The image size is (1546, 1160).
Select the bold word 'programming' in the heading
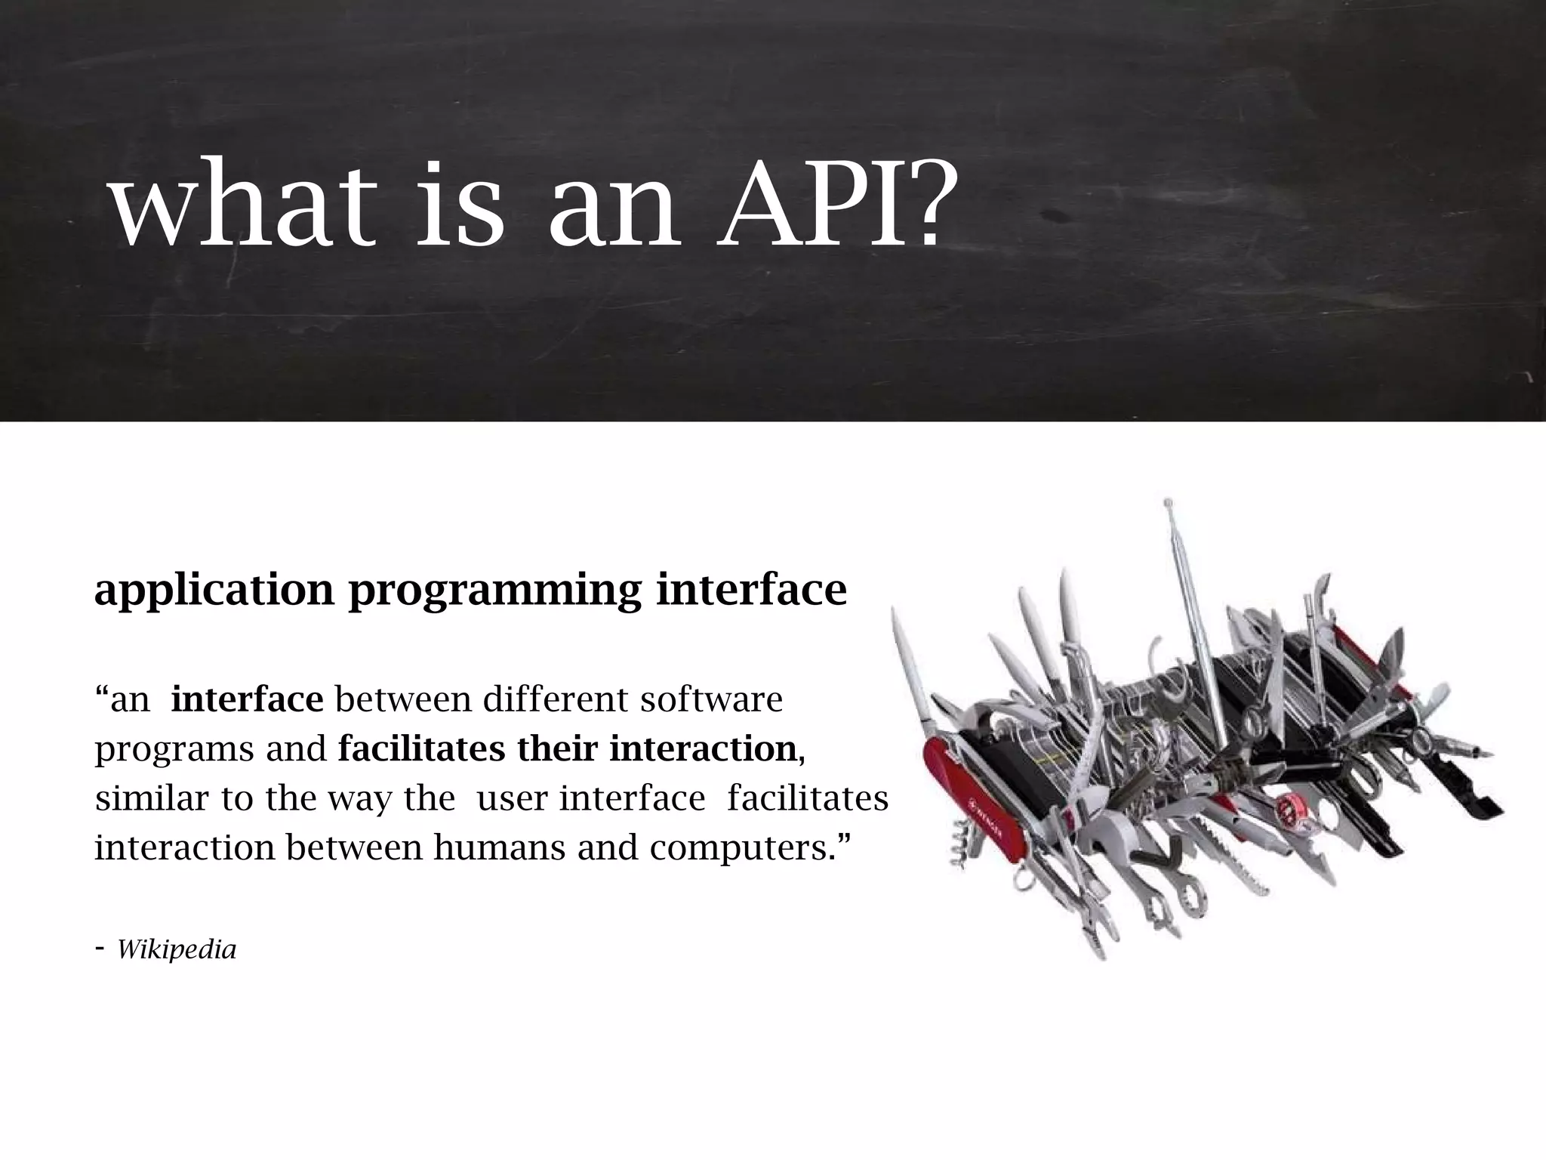(494, 591)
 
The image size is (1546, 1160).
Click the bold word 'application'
(214, 591)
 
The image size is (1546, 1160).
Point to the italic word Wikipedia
(177, 950)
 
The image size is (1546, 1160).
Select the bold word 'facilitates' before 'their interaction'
(422, 749)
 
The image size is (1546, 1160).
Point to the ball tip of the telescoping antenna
(1168, 502)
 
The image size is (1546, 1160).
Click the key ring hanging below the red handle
(1024, 881)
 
